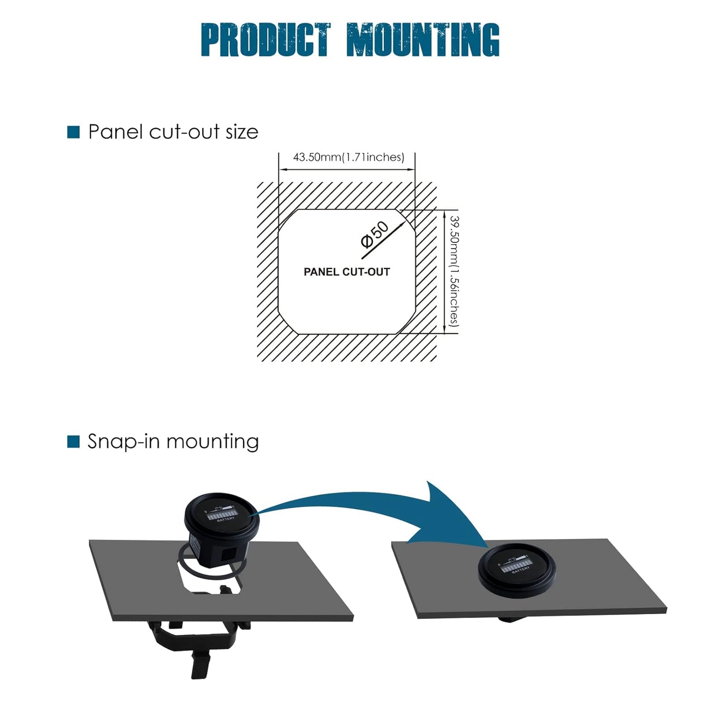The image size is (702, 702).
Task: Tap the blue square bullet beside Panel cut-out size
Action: [x=73, y=132]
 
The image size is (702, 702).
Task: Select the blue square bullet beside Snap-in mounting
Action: [x=73, y=441]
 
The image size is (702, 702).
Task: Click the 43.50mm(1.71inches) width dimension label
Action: [x=348, y=157]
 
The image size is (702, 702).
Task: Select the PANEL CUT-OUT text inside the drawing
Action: [x=346, y=272]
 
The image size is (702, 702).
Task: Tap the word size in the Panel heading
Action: [x=242, y=132]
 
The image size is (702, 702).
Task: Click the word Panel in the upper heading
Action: [x=116, y=132]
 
